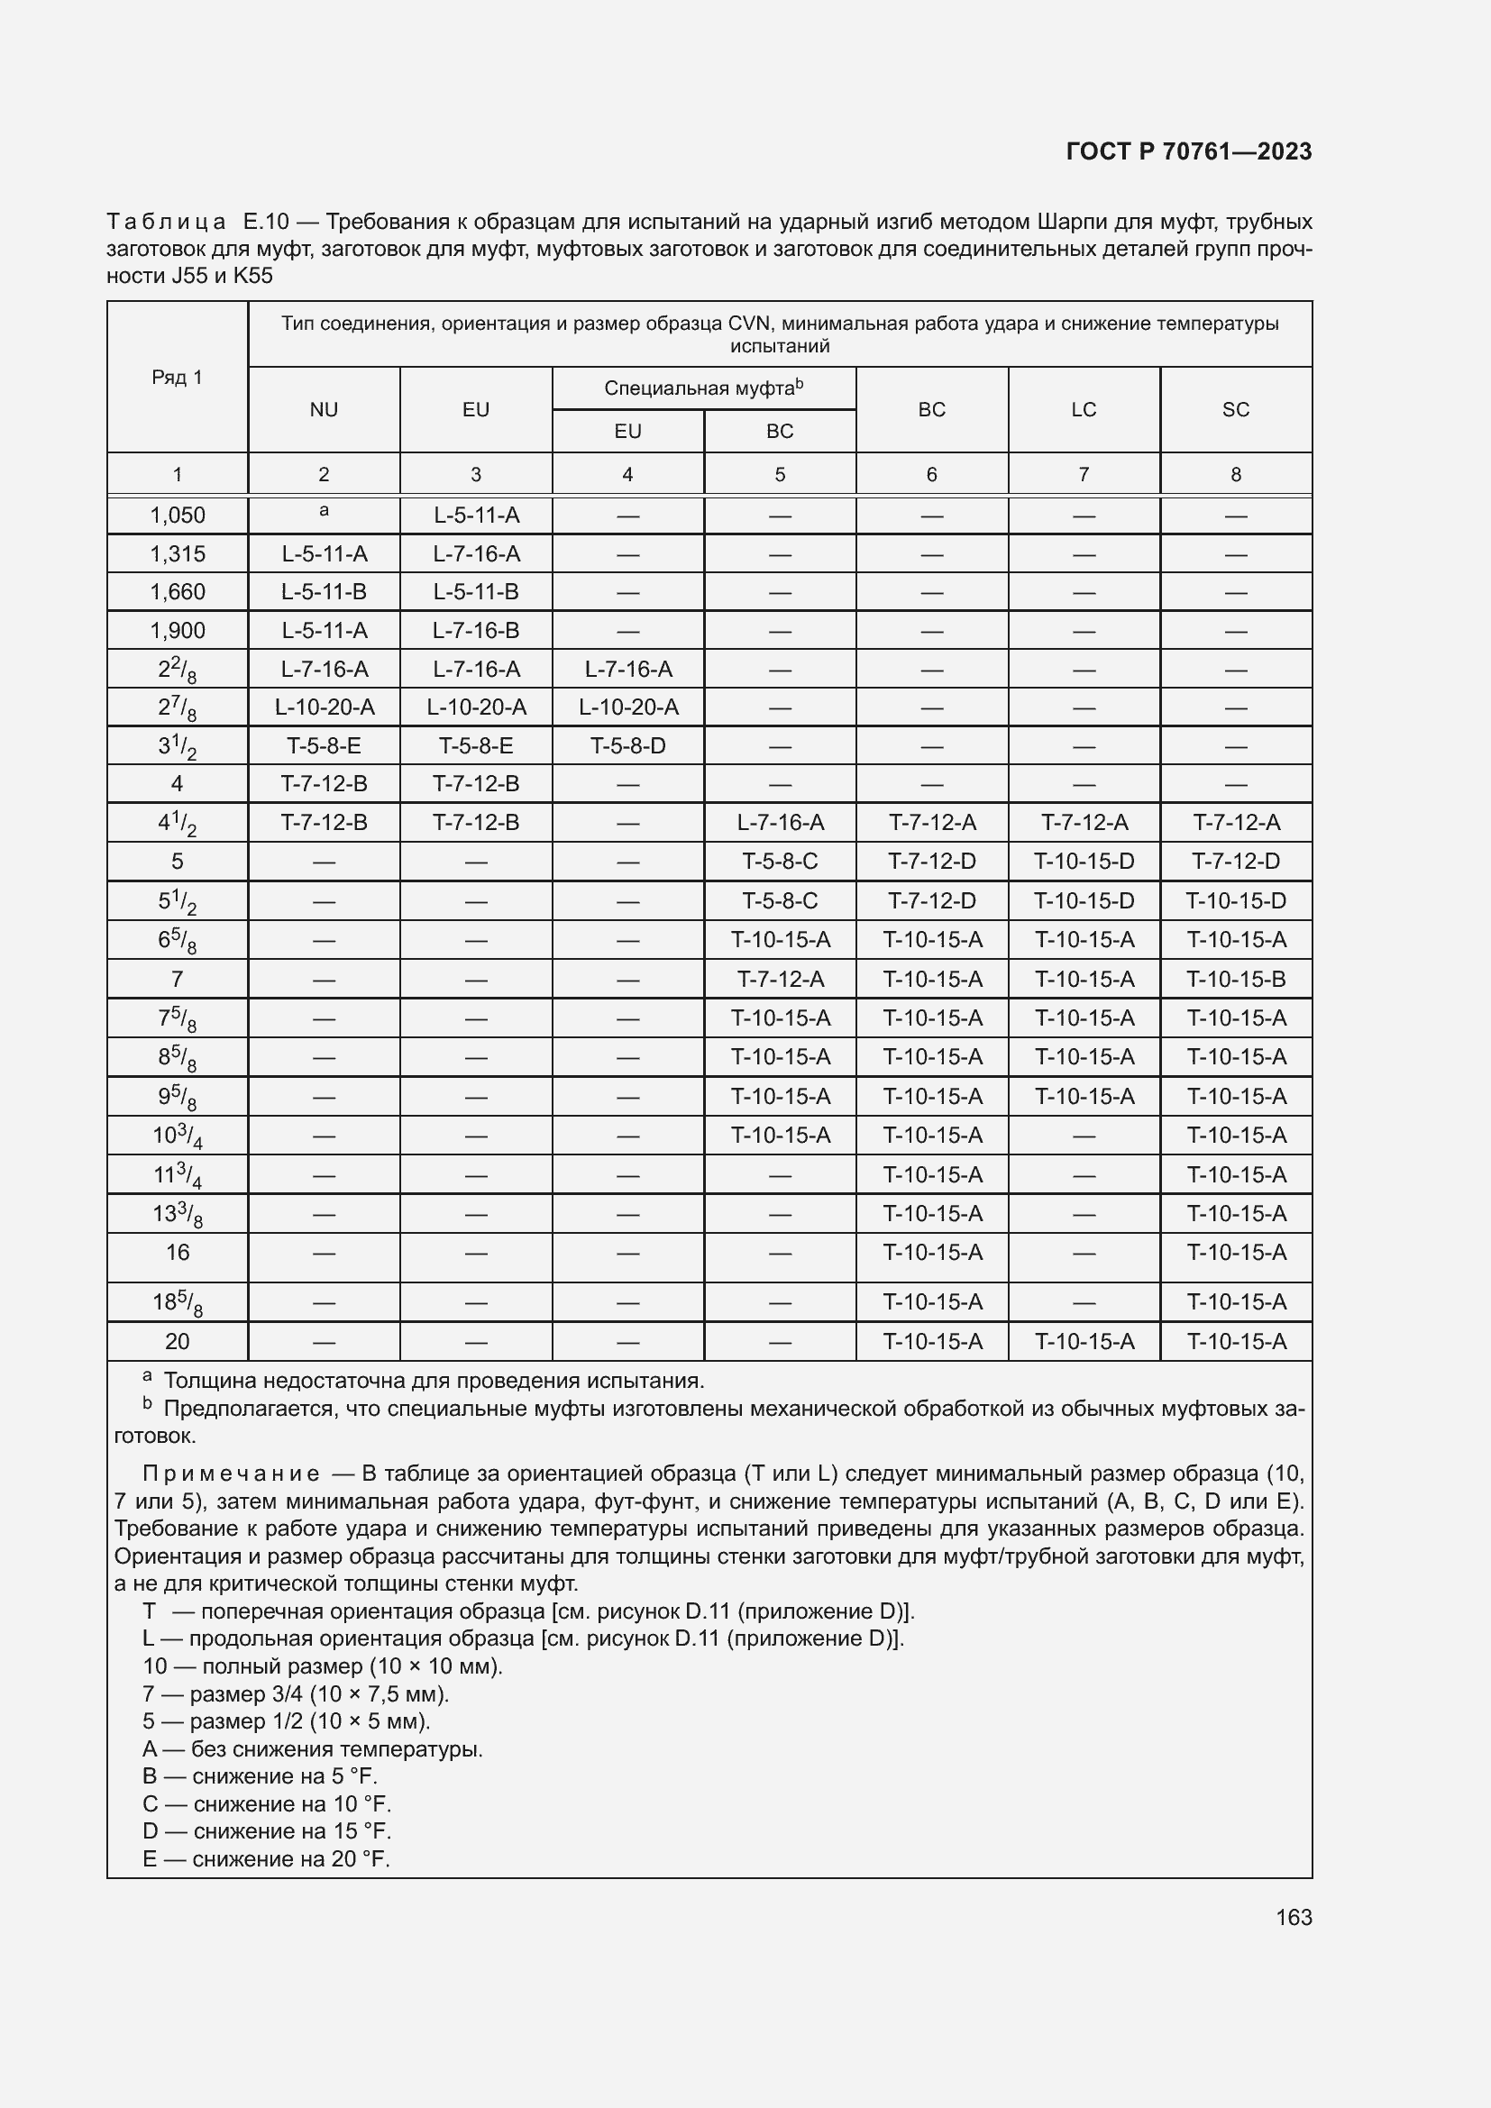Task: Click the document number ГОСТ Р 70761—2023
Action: click(1188, 151)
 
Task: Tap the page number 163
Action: click(1293, 1917)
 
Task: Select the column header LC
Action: click(1084, 409)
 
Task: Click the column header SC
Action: click(1235, 409)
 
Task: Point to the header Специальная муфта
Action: click(702, 388)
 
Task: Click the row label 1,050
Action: click(178, 516)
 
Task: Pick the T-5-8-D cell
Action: click(628, 745)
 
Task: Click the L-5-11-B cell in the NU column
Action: click(325, 592)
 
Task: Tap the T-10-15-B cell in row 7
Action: click(1235, 980)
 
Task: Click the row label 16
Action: click(178, 1253)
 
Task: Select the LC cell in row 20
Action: click(1084, 1341)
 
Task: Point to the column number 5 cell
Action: click(780, 475)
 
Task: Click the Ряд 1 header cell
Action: click(178, 378)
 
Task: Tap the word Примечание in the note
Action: click(231, 1474)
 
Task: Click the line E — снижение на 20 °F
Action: click(266, 1859)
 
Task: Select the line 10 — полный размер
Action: click(321, 1666)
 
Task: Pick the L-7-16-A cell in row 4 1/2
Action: click(780, 823)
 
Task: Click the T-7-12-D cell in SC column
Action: click(1235, 862)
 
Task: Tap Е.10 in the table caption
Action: click(266, 222)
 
